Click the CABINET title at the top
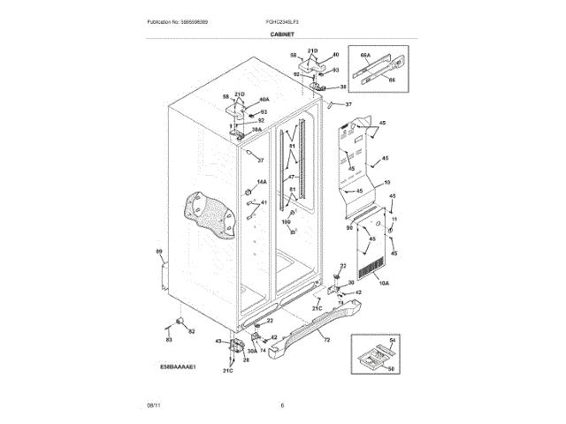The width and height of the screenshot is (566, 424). (282, 33)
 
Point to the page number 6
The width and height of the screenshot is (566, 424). (282, 405)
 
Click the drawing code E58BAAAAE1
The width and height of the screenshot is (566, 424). (178, 364)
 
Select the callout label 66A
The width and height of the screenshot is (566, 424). (365, 54)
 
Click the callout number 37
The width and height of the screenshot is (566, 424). (348, 104)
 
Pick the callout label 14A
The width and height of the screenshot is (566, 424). (261, 182)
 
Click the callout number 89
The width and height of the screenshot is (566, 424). (159, 253)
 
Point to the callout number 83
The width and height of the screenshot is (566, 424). (169, 339)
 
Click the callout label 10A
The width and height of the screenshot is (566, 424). (383, 283)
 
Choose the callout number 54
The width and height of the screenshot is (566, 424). (394, 340)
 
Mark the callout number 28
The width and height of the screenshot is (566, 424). (246, 360)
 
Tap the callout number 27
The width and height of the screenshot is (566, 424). (261, 160)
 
